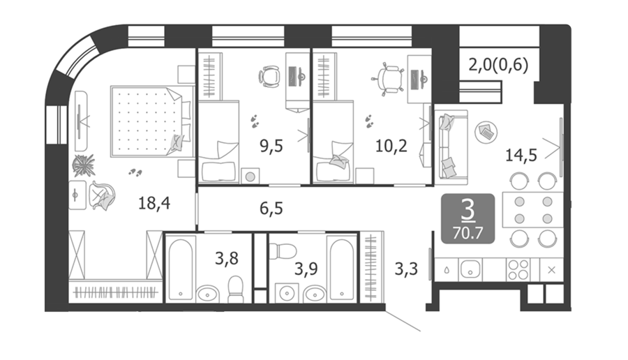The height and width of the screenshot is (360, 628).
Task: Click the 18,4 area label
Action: click(154, 203)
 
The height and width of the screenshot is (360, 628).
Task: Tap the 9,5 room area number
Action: click(271, 146)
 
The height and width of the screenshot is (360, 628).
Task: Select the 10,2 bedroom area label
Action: click(391, 146)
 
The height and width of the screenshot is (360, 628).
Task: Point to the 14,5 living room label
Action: click(521, 155)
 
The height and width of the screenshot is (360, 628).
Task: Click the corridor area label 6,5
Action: click(271, 208)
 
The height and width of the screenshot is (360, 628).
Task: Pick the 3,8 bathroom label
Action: click(226, 259)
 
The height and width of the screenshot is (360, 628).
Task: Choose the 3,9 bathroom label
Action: click(306, 269)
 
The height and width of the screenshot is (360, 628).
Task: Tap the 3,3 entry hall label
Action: click(406, 269)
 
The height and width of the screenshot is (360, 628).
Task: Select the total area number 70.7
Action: click(468, 232)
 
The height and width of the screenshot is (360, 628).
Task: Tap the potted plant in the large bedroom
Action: click(84, 165)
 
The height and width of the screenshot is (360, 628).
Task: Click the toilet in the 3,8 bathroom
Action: click(236, 289)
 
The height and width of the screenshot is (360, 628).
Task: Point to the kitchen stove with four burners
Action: click(518, 269)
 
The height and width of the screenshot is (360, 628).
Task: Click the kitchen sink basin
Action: click(470, 269)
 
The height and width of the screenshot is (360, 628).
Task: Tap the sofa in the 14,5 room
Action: click(451, 147)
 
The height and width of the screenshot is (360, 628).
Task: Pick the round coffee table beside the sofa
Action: click(486, 132)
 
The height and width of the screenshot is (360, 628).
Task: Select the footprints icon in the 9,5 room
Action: click(254, 121)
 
